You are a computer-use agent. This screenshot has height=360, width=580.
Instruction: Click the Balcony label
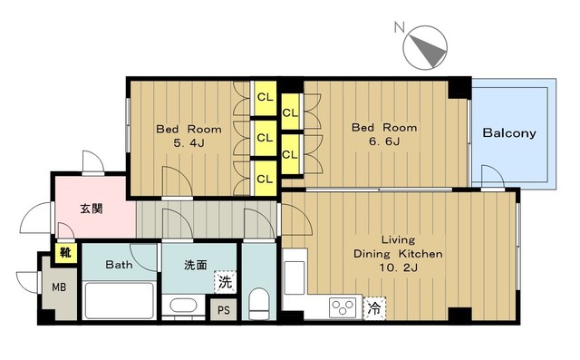(x=509, y=133)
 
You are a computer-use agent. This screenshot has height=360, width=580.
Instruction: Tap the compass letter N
(x=399, y=27)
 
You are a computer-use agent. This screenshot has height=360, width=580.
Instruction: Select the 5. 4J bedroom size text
(x=188, y=143)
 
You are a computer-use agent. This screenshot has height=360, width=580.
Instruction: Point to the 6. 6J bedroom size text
(x=384, y=141)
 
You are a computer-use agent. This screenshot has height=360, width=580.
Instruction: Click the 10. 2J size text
(x=399, y=268)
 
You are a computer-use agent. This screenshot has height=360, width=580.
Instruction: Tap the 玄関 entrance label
(x=92, y=209)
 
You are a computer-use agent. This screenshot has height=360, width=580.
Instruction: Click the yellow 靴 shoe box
(x=66, y=253)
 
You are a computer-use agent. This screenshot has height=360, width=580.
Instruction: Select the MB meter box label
(x=59, y=287)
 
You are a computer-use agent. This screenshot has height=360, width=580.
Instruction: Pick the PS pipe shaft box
(x=224, y=310)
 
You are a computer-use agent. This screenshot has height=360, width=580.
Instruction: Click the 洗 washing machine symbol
(x=225, y=282)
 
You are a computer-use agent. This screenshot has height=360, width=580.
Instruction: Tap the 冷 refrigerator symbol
(x=374, y=307)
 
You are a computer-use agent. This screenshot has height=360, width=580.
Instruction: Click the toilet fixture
(x=258, y=304)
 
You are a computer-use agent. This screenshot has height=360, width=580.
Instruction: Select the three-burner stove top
(x=343, y=307)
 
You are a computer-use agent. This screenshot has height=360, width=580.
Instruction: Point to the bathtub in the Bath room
(x=119, y=300)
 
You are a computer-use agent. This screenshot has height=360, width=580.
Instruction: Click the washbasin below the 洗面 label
(x=183, y=306)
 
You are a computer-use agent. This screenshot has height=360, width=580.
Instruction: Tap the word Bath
(x=119, y=265)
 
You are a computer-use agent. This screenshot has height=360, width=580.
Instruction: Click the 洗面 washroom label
(x=196, y=265)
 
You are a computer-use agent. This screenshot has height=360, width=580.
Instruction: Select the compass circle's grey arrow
(x=429, y=50)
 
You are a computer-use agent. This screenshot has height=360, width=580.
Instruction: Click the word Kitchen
(x=420, y=254)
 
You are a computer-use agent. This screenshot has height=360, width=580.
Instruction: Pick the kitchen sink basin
(x=295, y=277)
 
